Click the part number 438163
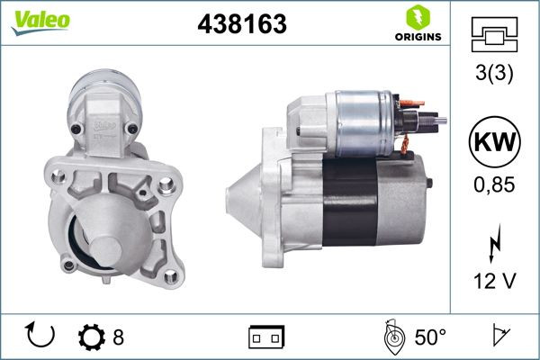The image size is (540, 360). (x=241, y=25)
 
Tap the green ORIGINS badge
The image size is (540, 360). (x=416, y=25)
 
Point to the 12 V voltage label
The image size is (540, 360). (x=494, y=282)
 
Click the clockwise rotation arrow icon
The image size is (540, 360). (x=41, y=337)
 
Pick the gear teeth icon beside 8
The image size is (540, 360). (x=93, y=337)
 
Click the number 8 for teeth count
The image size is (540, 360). (x=118, y=337)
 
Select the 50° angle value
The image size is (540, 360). (x=429, y=337)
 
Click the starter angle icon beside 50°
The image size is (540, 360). (x=392, y=337)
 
